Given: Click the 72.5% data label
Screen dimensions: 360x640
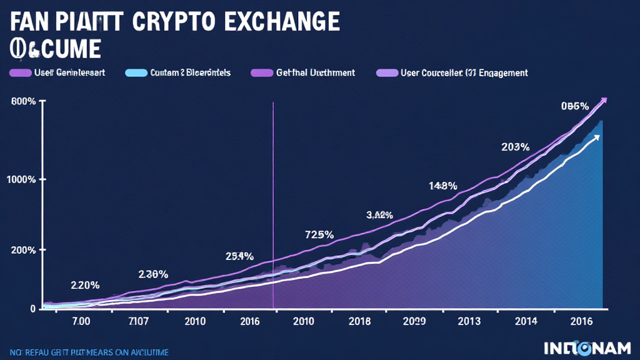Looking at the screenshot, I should coord(319,235).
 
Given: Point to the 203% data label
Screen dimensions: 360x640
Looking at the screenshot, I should coord(516,147).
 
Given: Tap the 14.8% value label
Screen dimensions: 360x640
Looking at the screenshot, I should coord(443,186).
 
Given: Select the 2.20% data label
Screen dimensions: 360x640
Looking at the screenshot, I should coord(85,285).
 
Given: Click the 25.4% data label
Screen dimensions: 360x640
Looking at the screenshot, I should coord(239,256).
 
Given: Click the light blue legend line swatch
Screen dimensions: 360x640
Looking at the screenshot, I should coord(136,73).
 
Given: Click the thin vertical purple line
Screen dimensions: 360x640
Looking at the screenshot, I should coord(274,206).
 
